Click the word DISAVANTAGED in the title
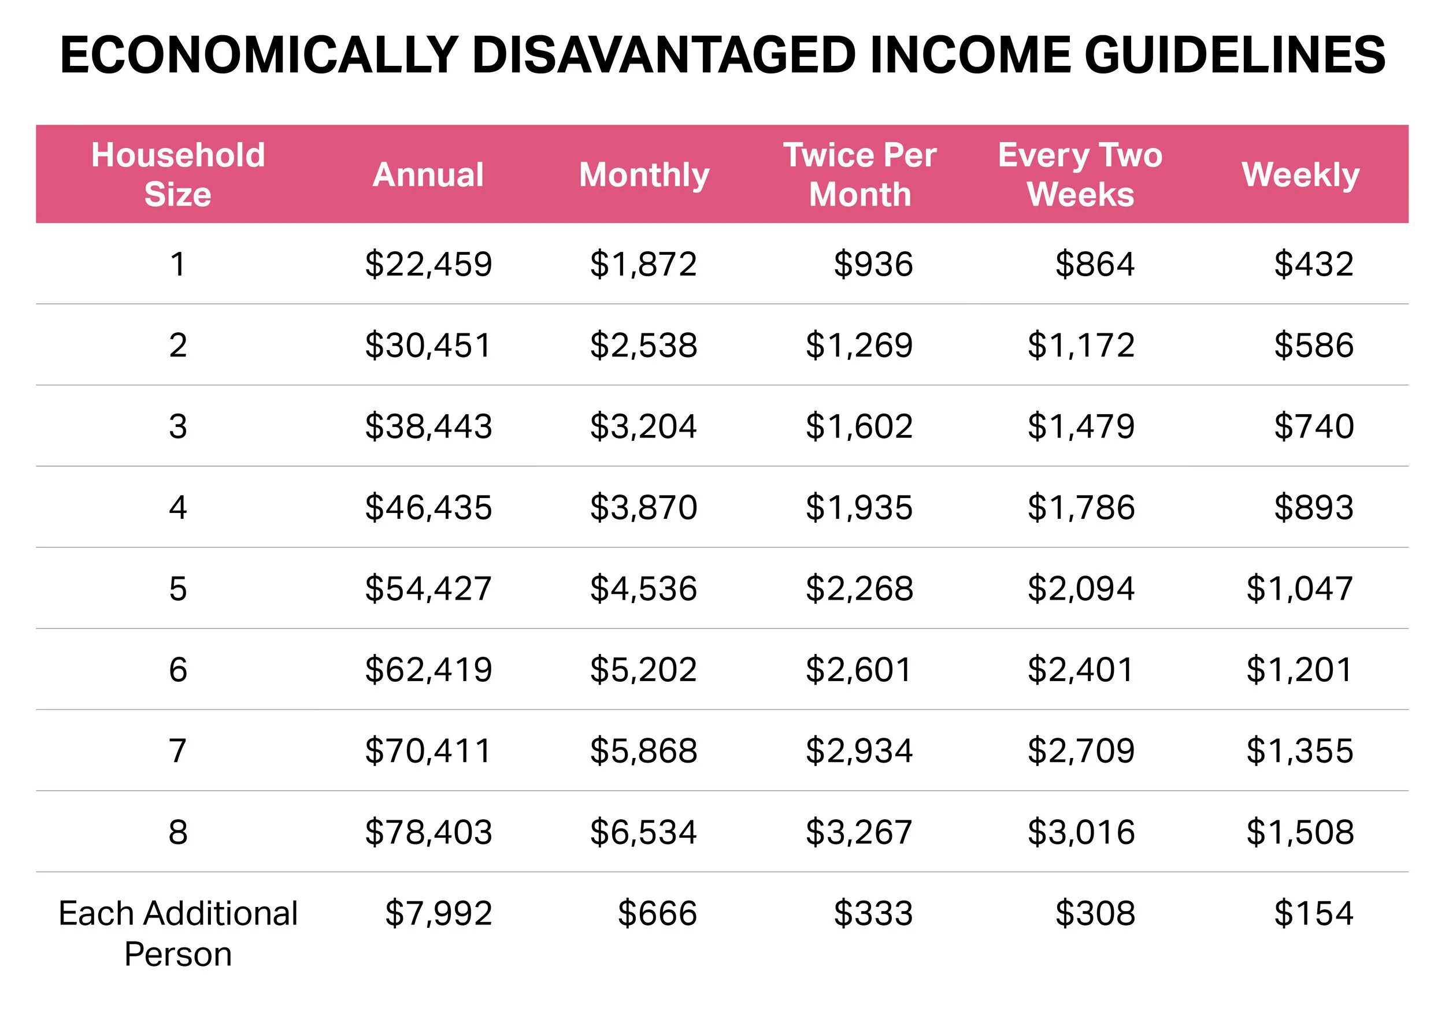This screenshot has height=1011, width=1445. (664, 55)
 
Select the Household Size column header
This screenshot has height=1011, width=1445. (178, 174)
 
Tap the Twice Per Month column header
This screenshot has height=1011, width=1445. (859, 174)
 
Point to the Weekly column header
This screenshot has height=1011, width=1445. (1300, 174)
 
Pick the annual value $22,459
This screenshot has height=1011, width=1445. (429, 263)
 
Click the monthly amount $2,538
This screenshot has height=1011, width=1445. (643, 345)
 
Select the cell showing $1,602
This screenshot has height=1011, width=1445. (859, 426)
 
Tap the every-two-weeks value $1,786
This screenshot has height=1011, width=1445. (1081, 507)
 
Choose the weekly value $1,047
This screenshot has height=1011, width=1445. (1299, 588)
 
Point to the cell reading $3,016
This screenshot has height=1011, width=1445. (1081, 832)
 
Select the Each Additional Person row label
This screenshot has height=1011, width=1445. (178, 933)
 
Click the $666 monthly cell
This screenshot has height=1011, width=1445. (657, 913)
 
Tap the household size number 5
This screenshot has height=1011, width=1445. (178, 588)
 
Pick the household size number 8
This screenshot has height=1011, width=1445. (178, 832)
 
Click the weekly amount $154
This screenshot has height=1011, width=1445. (1313, 913)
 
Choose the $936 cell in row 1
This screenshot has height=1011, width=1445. (873, 263)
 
